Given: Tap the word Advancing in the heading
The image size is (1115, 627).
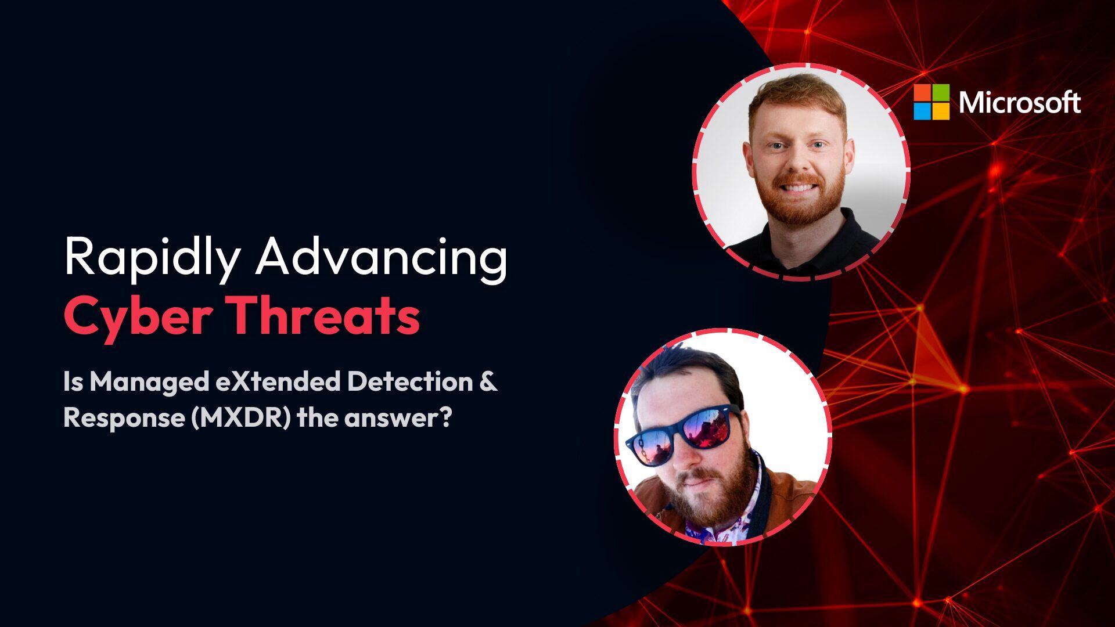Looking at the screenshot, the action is pyautogui.click(x=382, y=257).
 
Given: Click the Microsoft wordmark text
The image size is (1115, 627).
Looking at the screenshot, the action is pyautogui.click(x=1020, y=102).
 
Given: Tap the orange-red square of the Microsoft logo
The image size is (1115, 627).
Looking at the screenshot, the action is pyautogui.click(x=922, y=92).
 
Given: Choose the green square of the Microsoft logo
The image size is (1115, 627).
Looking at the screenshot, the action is pyautogui.click(x=941, y=92).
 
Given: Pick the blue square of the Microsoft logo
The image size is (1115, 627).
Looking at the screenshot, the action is pyautogui.click(x=922, y=111).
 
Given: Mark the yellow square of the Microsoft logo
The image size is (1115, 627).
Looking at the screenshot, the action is pyautogui.click(x=941, y=111).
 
